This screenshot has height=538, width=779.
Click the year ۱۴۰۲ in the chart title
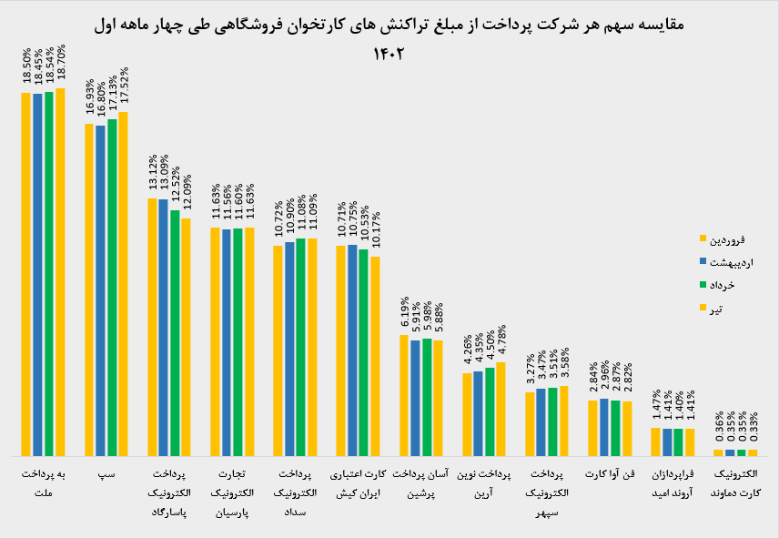(x=389, y=53)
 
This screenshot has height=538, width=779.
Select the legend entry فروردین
(x=722, y=239)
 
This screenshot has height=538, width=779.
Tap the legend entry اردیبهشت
(x=726, y=262)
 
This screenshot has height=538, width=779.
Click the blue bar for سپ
(x=100, y=290)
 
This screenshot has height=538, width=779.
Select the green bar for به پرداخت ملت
(x=49, y=274)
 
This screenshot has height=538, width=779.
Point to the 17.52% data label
(x=124, y=86)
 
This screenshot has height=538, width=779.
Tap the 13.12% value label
(x=153, y=172)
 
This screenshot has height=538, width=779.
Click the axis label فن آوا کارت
(x=610, y=474)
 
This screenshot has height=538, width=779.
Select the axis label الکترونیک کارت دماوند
(x=736, y=483)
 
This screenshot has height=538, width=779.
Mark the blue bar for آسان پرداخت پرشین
(x=415, y=398)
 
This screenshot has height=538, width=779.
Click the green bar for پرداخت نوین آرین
(x=490, y=411)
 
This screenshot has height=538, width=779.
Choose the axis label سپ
(x=106, y=474)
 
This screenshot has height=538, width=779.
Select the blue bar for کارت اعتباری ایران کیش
(x=352, y=350)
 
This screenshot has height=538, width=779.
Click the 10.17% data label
(x=376, y=230)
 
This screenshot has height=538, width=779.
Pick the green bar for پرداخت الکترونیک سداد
(x=300, y=347)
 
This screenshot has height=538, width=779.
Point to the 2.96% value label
(x=604, y=376)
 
